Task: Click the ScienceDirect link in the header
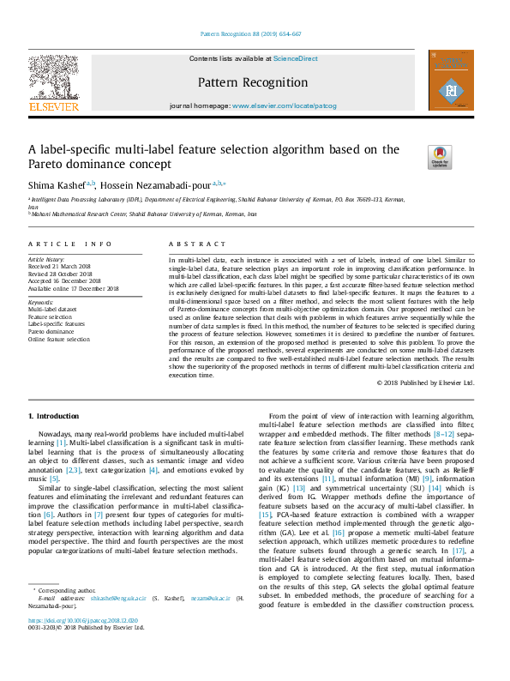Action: (x=295, y=58)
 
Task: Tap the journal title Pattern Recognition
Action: (x=252, y=82)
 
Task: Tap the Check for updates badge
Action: (x=439, y=157)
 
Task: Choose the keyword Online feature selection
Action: (x=58, y=339)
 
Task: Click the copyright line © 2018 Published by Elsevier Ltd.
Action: (x=424, y=383)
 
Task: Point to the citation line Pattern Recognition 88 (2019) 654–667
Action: (x=250, y=34)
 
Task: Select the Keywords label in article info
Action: (x=41, y=302)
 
